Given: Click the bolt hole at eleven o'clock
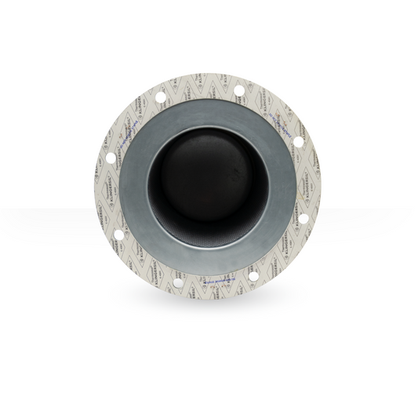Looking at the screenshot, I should tap(160, 97).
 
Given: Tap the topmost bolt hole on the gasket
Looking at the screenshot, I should tap(239, 90).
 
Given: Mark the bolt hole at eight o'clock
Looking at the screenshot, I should tap(118, 234).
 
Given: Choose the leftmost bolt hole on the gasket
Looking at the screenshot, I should tap(111, 157).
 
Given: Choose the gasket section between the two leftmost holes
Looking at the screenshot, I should tap(106, 196).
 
